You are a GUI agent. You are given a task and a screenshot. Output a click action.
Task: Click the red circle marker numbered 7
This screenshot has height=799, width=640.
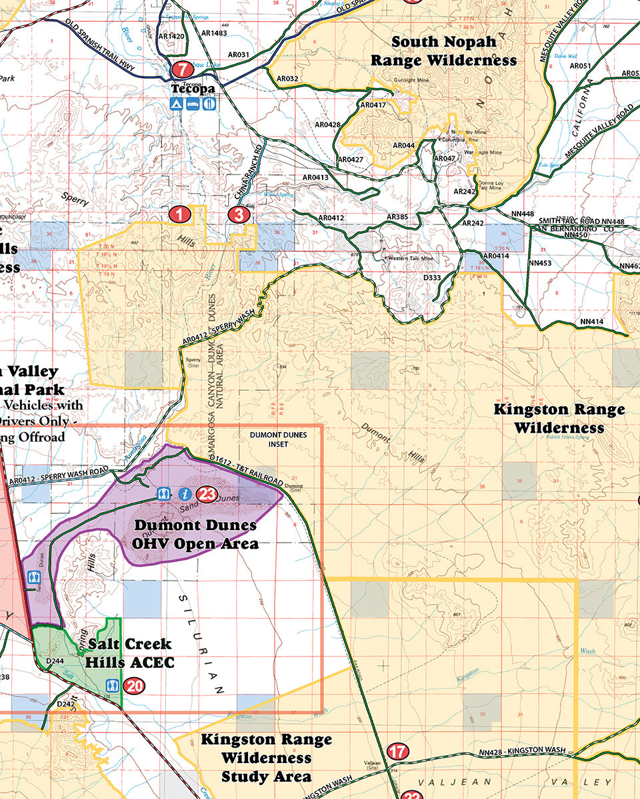(x=181, y=69)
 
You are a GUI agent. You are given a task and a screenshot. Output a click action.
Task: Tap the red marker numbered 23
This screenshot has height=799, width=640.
(x=207, y=494)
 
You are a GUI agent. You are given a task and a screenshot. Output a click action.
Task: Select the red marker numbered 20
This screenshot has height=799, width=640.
(x=134, y=685)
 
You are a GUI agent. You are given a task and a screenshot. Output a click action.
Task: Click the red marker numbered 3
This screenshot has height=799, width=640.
(x=238, y=214)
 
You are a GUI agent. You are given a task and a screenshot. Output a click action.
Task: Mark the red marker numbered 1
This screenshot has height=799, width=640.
(x=180, y=214)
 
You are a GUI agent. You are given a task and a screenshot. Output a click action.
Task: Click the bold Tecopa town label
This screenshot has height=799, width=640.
(x=193, y=89)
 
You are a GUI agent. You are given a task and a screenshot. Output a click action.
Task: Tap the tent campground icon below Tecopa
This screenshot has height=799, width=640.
(x=176, y=104)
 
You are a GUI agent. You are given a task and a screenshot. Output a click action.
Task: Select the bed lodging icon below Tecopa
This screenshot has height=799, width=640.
(x=193, y=104)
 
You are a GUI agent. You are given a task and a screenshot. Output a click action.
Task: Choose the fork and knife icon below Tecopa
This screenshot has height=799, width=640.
(x=209, y=104)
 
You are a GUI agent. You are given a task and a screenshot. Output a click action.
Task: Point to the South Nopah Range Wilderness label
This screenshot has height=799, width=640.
(x=443, y=51)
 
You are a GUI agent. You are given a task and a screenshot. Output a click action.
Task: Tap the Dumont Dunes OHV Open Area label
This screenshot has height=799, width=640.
(x=195, y=534)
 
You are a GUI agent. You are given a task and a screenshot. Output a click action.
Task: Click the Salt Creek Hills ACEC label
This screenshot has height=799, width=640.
(x=130, y=653)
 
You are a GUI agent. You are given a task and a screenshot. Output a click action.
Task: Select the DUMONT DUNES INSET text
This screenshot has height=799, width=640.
(x=279, y=439)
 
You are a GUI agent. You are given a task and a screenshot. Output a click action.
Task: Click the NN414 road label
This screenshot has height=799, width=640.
(x=591, y=322)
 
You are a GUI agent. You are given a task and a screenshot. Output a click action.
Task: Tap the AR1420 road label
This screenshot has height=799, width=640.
(x=172, y=37)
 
